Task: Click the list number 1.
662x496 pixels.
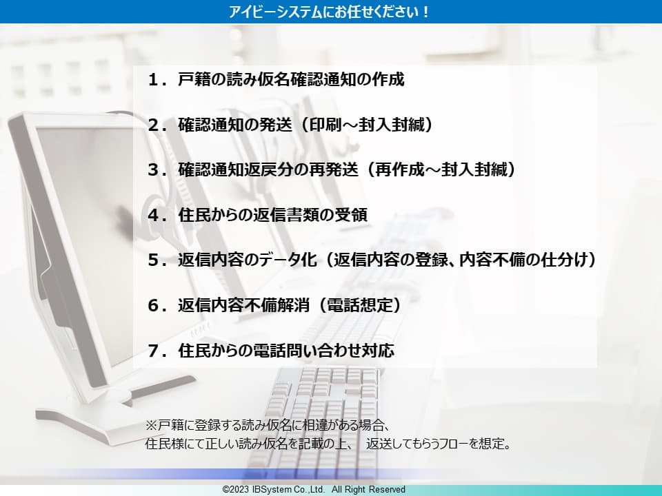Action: coord(153,80)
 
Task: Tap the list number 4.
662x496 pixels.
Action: coord(153,215)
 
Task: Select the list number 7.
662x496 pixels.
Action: coord(153,351)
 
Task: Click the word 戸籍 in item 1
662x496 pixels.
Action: coord(192,80)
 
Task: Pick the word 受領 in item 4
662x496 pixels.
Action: coord(352,215)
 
